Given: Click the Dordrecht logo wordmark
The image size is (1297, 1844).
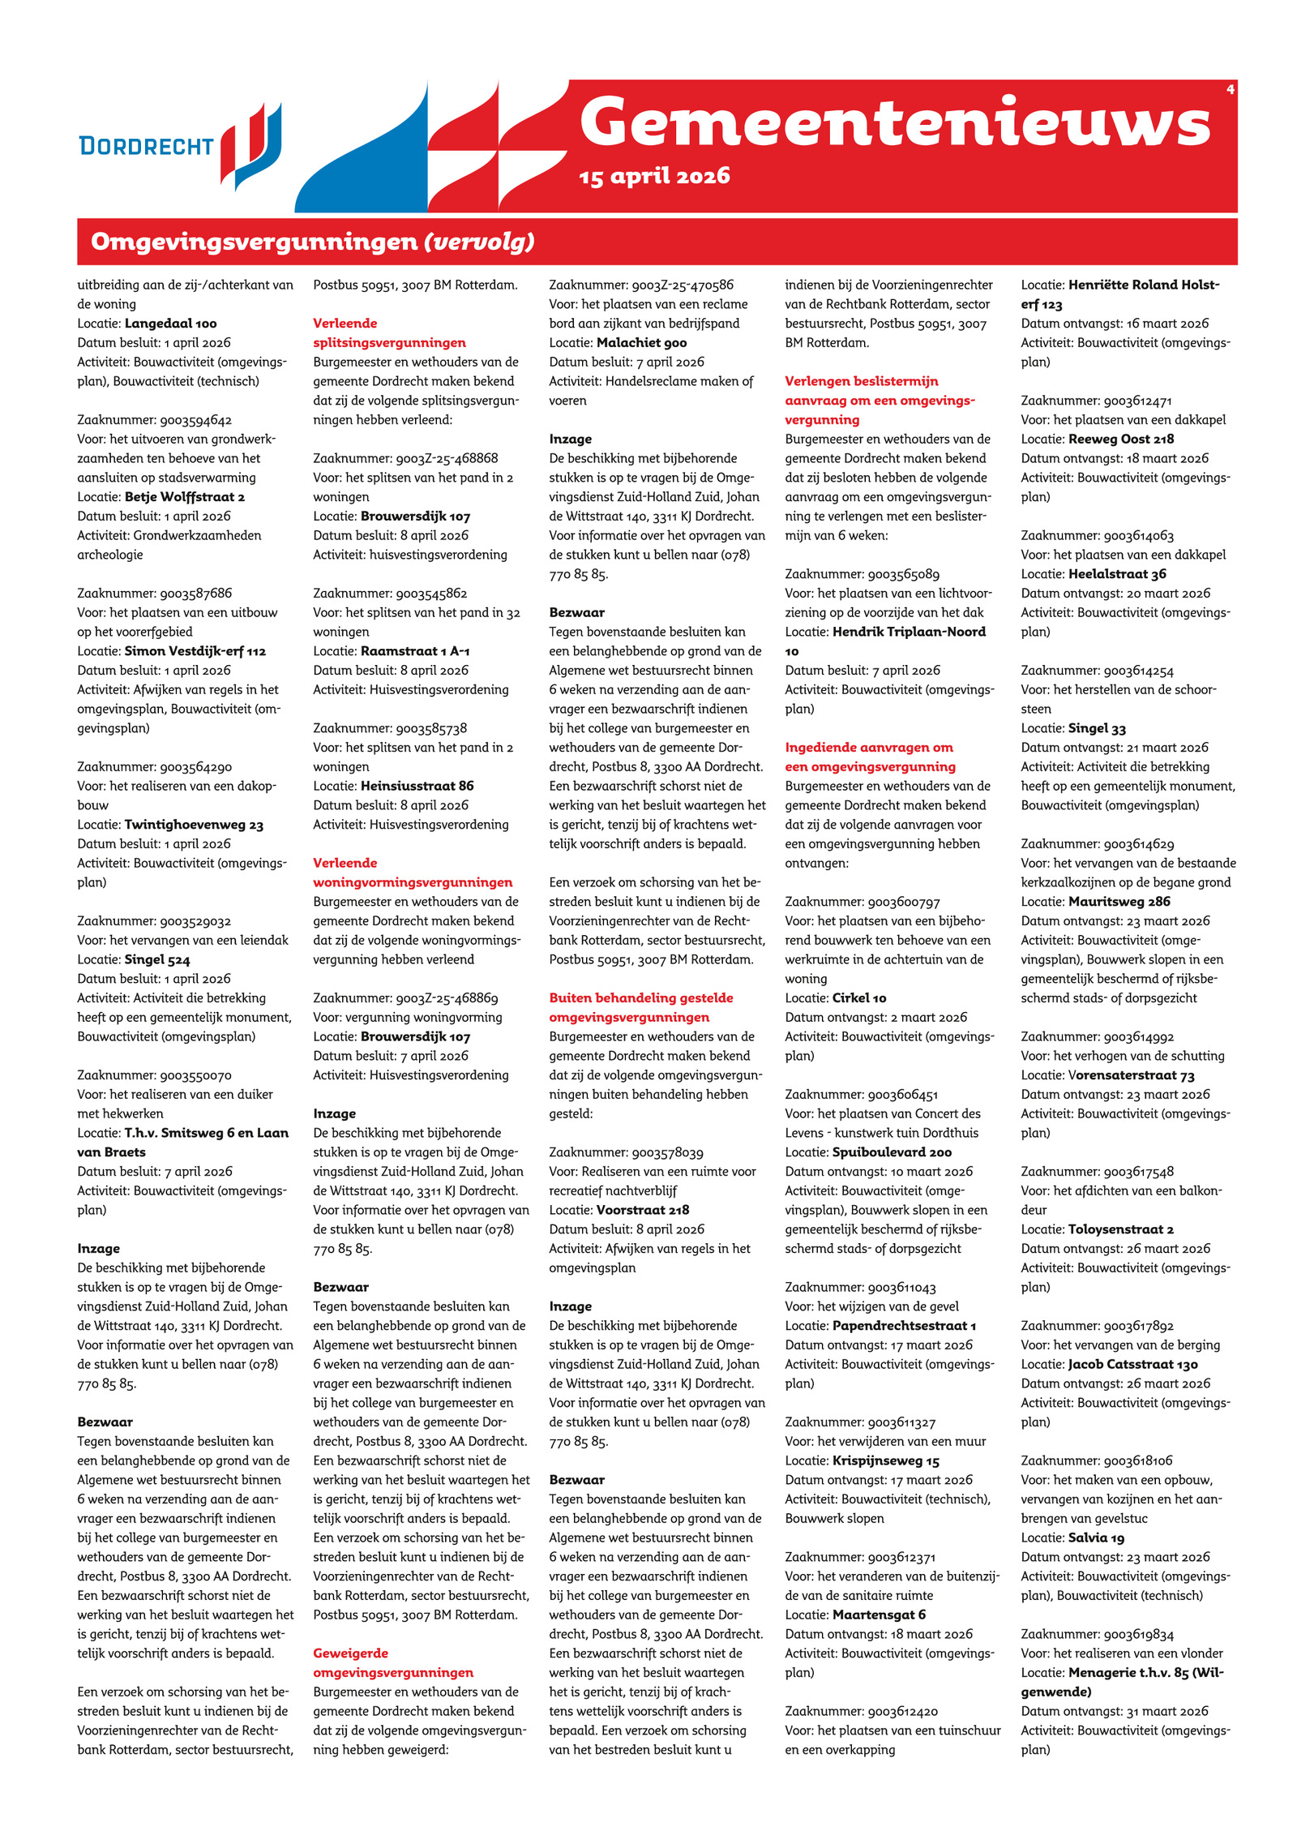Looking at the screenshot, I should point(146,147).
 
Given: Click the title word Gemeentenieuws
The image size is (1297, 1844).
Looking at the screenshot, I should point(894,123).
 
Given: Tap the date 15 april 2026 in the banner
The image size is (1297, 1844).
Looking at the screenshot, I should point(654,177).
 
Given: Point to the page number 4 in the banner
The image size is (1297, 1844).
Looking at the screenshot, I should point(1230,89).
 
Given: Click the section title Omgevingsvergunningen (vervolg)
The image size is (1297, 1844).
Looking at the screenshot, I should point(313,242).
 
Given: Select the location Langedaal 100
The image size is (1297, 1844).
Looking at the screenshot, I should point(170,324).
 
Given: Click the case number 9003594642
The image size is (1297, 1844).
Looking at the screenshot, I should point(195,420).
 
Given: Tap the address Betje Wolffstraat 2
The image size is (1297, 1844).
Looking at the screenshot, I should point(184,497).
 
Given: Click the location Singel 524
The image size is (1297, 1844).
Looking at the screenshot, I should point(157,960).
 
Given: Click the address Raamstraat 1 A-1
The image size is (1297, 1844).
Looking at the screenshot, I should point(415,651).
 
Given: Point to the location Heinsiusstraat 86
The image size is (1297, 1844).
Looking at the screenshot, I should point(417,786).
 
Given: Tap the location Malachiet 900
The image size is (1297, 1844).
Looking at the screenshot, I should point(641,343).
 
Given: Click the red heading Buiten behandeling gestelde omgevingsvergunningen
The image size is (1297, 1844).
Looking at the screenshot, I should point(640,1007).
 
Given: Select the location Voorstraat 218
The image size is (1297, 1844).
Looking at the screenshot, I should point(643,1210).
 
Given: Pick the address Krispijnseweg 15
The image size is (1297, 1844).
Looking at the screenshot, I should point(885,1460).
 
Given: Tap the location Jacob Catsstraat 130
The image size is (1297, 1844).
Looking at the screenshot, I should point(1132,1365).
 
